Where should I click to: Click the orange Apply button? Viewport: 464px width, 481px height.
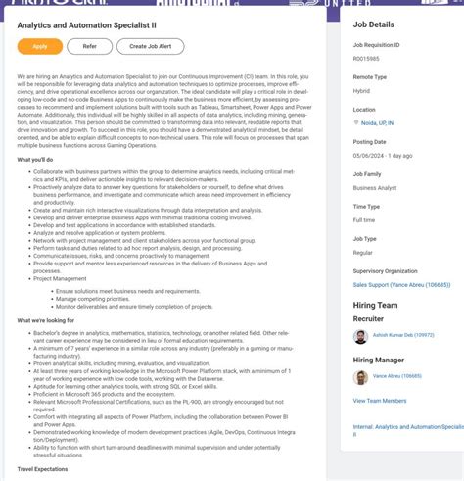pos(39,46)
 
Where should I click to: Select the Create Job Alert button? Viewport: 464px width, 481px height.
pos(150,46)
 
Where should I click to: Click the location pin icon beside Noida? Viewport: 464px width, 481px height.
pos(357,122)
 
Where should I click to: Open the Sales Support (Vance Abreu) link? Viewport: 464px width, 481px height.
pos(401,285)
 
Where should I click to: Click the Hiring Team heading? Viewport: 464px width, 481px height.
pos(377,304)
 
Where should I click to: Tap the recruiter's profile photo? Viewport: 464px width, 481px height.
pos(361,335)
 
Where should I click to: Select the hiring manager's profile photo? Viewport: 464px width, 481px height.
pos(361,376)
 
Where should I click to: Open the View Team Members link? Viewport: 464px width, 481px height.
pos(380,401)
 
